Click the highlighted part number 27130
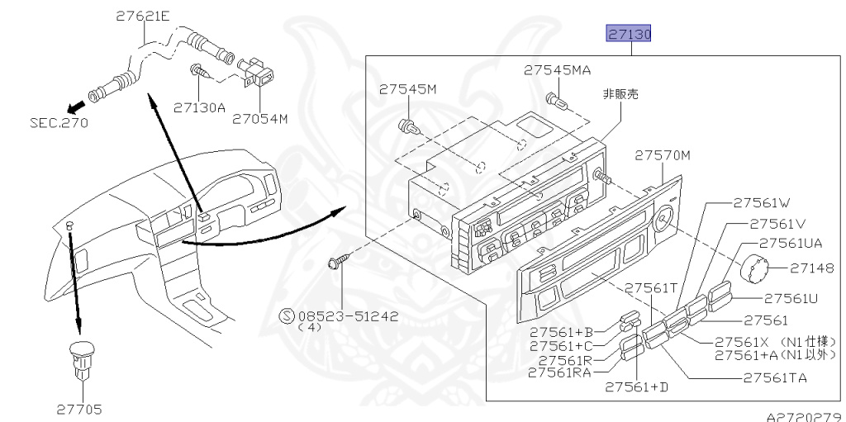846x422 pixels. (630, 35)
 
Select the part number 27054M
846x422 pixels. (259, 118)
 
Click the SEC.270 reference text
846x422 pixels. (59, 123)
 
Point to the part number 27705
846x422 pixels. (79, 407)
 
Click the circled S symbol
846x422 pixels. (288, 315)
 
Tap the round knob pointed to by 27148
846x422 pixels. (755, 269)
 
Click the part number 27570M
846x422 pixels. (663, 154)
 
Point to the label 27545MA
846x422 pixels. (558, 70)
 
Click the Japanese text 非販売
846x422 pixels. (620, 94)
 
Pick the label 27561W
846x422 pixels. (762, 202)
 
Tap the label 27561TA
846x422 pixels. (774, 378)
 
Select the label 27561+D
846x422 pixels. (636, 386)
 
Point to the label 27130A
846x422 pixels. (199, 107)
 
